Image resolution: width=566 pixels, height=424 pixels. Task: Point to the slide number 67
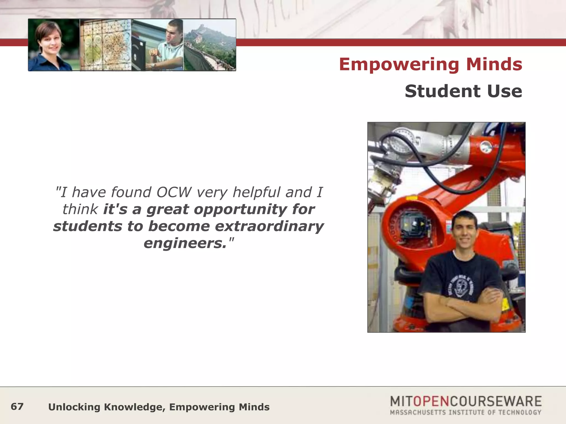tap(17, 407)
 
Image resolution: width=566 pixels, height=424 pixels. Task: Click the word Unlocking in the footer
tap(74, 407)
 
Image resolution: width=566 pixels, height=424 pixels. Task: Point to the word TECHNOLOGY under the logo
tap(520, 413)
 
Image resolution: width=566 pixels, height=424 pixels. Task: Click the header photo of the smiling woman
tap(54, 45)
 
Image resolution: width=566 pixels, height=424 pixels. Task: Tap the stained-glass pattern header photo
tap(105, 45)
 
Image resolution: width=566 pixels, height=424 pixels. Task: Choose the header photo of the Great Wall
tap(210, 45)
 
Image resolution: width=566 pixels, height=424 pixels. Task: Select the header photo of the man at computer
tap(157, 45)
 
